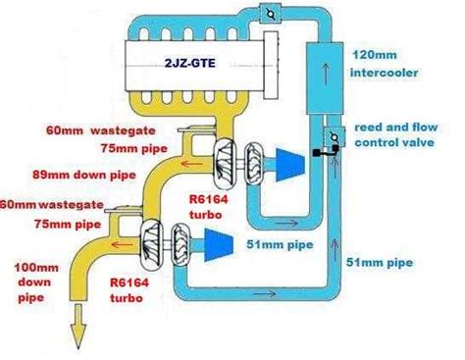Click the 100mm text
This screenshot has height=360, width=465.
[x=30, y=266]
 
